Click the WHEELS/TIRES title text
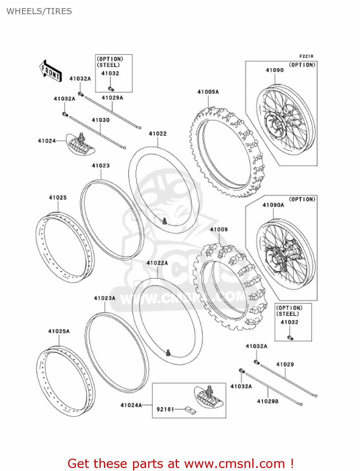tap(39, 11)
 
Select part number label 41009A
tap(208, 92)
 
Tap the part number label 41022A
tap(157, 263)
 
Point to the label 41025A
tap(59, 331)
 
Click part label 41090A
tap(273, 205)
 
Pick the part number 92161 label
tap(165, 409)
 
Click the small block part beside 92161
tap(191, 410)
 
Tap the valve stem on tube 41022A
tap(169, 353)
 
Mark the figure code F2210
tap(306, 56)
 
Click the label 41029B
tap(267, 401)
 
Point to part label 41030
tap(100, 120)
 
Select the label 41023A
tap(105, 298)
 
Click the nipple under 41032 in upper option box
tap(110, 89)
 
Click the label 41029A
tap(112, 98)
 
